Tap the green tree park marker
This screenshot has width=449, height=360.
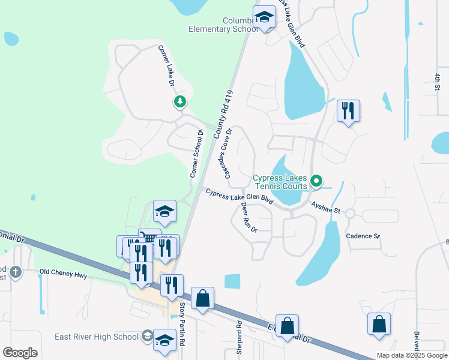point(179,102)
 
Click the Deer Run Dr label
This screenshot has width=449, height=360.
point(249,217)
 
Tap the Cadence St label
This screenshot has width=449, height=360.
point(363,236)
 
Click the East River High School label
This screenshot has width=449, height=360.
point(97,337)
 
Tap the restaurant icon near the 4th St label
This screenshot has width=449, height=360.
point(348,111)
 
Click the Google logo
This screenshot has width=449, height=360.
point(20,353)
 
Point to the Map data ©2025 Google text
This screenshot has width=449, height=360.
point(412,355)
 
